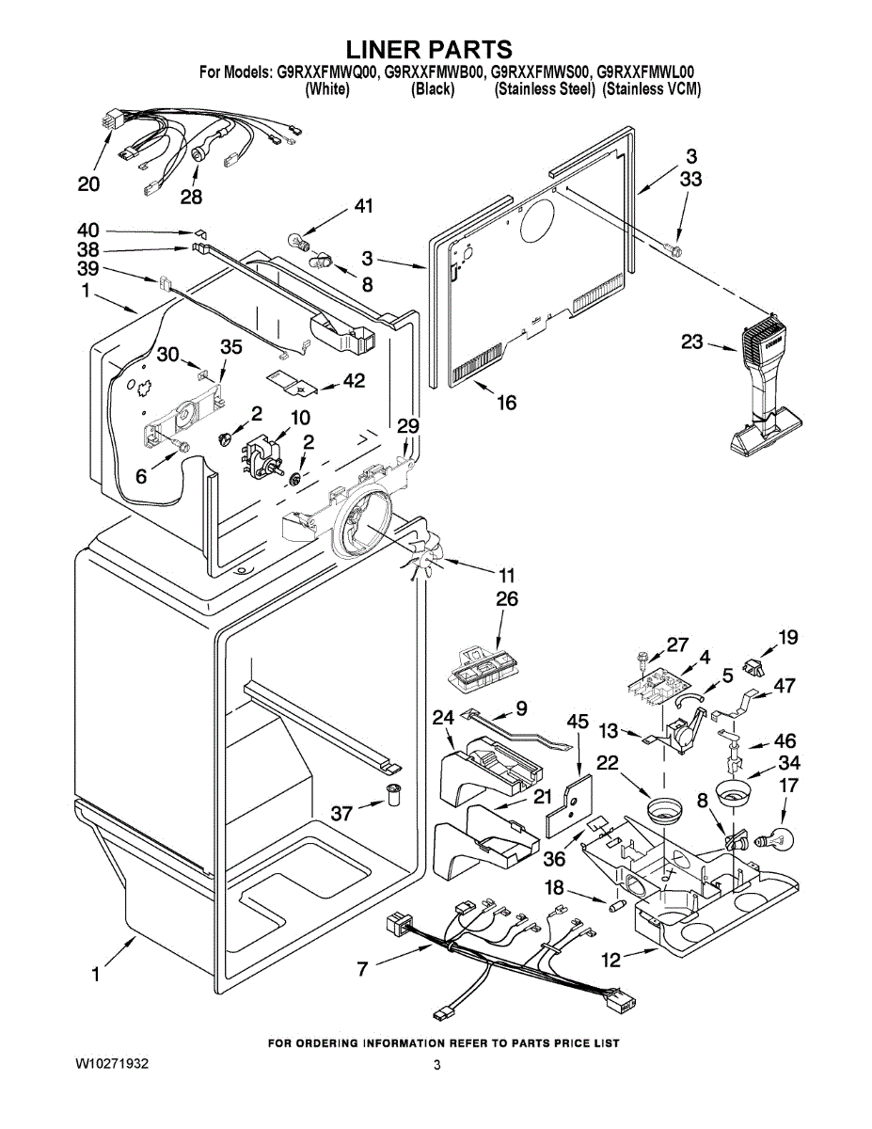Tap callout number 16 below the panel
[x=506, y=403]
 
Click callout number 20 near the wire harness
[x=88, y=184]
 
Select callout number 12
[x=611, y=960]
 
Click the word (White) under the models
[x=327, y=89]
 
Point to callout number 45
[x=578, y=723]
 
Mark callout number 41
[x=363, y=206]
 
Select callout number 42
[x=354, y=380]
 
